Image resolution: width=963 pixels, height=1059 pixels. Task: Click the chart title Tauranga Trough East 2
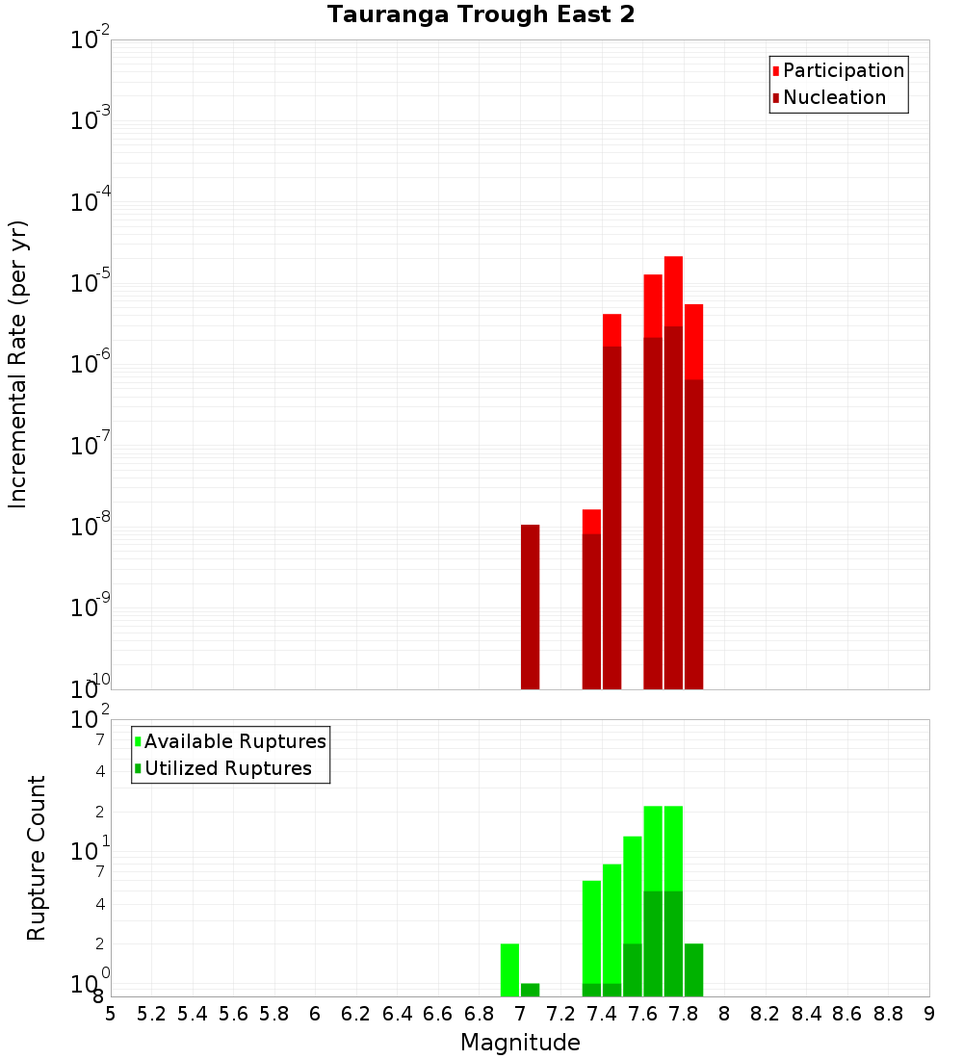pos(481,15)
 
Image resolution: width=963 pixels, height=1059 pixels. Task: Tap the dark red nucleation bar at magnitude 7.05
pos(530,607)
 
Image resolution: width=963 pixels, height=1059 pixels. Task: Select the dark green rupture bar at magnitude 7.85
pos(693,969)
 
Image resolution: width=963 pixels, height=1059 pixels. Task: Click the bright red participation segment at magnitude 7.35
pos(591,522)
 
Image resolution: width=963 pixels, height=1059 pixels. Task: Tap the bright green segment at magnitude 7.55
pos(632,890)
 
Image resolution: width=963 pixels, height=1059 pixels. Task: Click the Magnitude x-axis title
pos(520,1043)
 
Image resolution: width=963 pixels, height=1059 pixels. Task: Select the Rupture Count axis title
pos(37,858)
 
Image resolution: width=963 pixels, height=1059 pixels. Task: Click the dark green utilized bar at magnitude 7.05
pos(530,990)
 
